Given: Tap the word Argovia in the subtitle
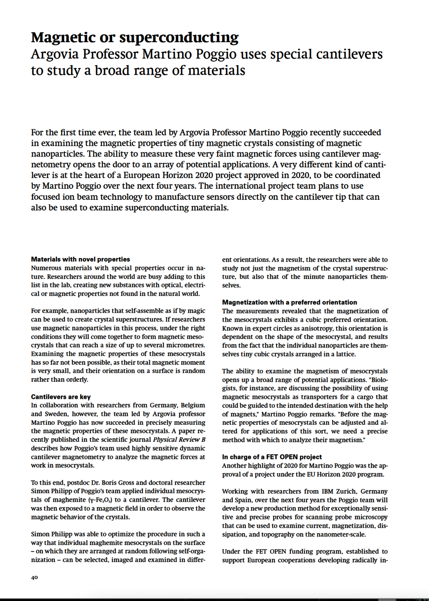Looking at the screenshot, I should coord(55,55).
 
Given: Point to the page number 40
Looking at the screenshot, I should coord(34,577).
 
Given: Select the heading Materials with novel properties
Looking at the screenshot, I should coord(80,259).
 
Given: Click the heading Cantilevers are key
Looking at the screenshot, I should coord(61,397).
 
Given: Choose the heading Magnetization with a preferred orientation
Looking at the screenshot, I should coord(290,302).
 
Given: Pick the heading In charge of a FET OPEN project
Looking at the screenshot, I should coord(272,457).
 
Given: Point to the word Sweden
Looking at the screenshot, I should coord(56,414).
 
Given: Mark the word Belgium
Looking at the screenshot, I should coord(193,405).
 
